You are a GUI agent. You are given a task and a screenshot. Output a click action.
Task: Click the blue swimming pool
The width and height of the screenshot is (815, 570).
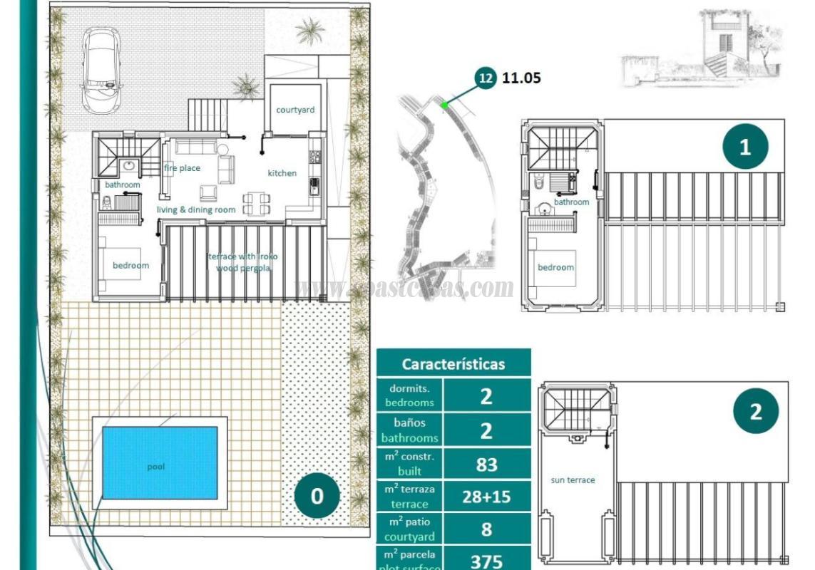(x=160, y=462)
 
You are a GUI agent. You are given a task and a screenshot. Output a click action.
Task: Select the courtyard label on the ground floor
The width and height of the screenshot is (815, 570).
(x=295, y=110)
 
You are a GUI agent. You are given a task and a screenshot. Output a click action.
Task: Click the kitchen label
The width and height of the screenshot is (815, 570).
(x=282, y=173)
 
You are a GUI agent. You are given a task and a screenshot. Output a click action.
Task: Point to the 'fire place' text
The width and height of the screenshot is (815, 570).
(x=182, y=168)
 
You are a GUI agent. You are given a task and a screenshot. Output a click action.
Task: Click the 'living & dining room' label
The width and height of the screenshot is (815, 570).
(x=196, y=209)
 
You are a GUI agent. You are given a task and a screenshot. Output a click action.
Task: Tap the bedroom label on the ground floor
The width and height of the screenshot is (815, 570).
(x=130, y=266)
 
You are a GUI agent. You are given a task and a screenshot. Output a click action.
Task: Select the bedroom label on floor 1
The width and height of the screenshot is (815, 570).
(x=555, y=267)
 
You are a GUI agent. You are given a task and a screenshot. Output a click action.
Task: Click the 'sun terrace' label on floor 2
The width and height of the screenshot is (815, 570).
(x=573, y=480)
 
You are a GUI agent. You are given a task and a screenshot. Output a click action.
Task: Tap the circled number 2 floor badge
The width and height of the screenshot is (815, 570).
(x=755, y=411)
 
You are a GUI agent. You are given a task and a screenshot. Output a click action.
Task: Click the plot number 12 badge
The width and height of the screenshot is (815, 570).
(x=486, y=78)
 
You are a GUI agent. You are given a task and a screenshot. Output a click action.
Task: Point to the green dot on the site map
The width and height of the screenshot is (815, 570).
(x=444, y=105)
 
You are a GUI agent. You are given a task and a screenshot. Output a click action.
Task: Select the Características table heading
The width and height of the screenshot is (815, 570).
(x=453, y=363)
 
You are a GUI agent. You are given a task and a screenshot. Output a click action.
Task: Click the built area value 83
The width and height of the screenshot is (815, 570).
(x=486, y=465)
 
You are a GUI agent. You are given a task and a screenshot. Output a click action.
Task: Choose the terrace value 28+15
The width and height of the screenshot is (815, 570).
(x=486, y=497)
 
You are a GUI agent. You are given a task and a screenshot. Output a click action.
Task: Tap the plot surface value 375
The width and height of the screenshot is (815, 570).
(x=486, y=561)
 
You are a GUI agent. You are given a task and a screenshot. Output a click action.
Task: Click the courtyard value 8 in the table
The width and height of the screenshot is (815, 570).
(x=486, y=529)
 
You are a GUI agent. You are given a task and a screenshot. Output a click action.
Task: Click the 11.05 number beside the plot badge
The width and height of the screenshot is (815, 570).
(x=521, y=78)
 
